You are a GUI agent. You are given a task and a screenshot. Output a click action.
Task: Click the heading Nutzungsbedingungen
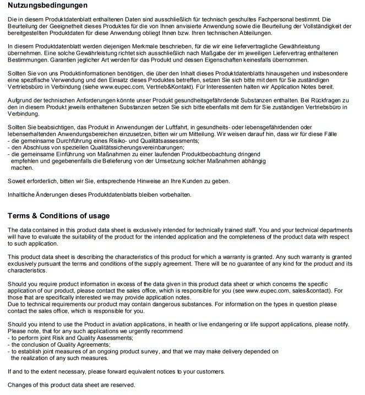pyautogui.click(x=47, y=5)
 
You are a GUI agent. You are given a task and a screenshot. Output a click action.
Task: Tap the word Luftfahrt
pyautogui.click(x=193, y=127)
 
